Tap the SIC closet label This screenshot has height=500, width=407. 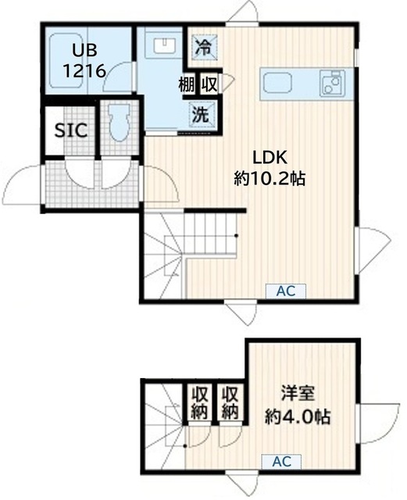[70, 130]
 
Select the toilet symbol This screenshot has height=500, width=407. [119, 126]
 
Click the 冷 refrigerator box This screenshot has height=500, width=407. [202, 46]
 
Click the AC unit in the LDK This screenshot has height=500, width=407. [284, 291]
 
